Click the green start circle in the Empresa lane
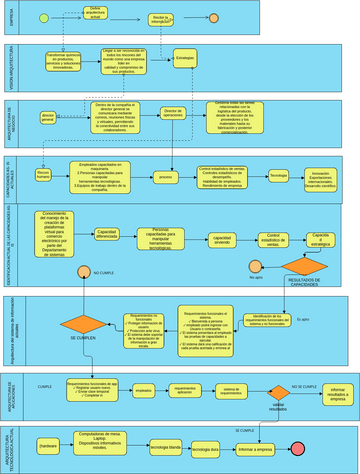click(43, 19)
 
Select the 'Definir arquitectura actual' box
click(95, 12)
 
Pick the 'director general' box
click(46, 116)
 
